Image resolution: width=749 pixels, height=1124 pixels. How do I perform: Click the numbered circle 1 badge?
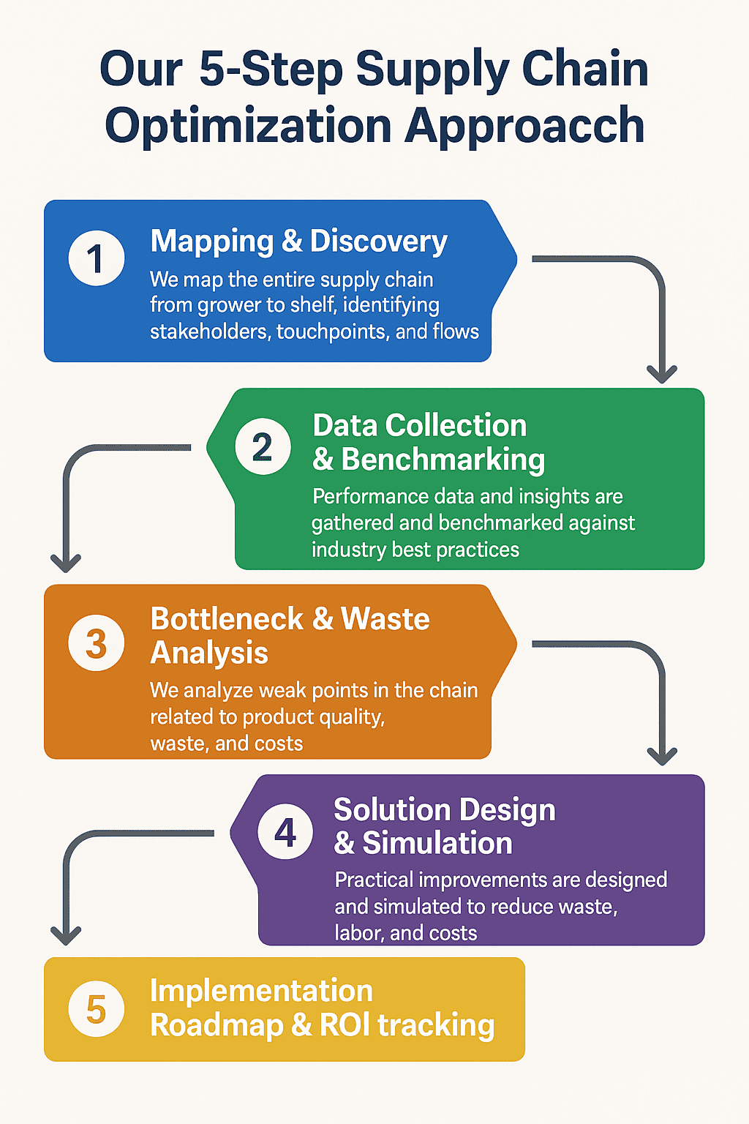coord(97,258)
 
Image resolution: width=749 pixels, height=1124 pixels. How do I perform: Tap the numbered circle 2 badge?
coord(263,446)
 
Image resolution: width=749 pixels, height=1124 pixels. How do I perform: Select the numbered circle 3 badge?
coord(97,643)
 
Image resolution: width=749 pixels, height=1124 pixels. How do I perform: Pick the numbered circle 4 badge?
coord(286,832)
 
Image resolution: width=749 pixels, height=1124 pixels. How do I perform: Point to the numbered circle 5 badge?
coord(97,1009)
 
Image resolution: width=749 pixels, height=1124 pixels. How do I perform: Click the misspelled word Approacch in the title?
coord(524,126)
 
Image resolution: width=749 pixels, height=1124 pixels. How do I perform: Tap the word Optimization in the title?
coord(249,126)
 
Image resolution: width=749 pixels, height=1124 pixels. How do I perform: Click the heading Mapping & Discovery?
coord(298,241)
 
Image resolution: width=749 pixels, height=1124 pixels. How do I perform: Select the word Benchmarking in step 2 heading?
coord(443,460)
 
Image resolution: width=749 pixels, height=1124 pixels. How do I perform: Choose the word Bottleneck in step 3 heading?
coord(227,619)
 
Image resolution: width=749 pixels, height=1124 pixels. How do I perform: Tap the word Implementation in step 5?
coord(261,991)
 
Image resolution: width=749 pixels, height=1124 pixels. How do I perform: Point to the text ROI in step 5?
coord(345,1025)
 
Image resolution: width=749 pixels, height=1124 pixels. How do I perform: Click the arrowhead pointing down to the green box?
coord(662,374)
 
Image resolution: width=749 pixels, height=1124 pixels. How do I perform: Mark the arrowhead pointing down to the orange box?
coord(66,563)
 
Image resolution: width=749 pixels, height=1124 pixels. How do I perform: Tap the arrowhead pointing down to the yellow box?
coord(66,935)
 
